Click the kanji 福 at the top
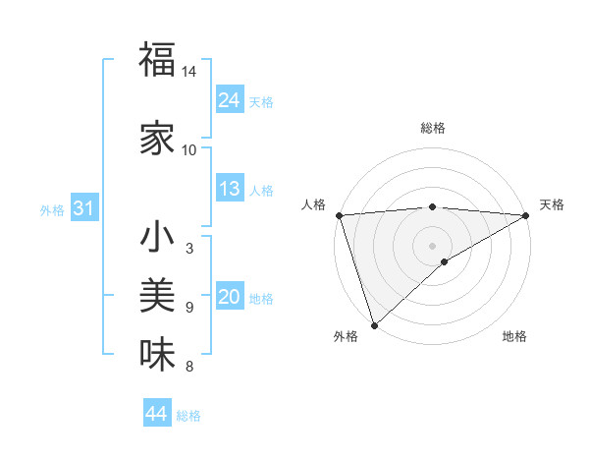tap(157, 60)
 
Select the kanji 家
tap(157, 138)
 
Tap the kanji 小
tap(157, 238)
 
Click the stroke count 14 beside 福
tap(189, 73)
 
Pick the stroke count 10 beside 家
tap(189, 150)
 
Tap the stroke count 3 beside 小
tap(188, 250)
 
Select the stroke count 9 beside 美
tap(188, 308)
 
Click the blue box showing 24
tap(230, 100)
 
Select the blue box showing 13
tap(230, 189)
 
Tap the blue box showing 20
tap(230, 298)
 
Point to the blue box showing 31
tap(83, 208)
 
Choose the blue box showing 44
tap(157, 414)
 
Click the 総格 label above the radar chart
tap(432, 128)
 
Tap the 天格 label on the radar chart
tap(552, 204)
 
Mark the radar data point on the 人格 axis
tap(338, 215)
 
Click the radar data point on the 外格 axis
tap(374, 325)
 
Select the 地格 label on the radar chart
tap(514, 337)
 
